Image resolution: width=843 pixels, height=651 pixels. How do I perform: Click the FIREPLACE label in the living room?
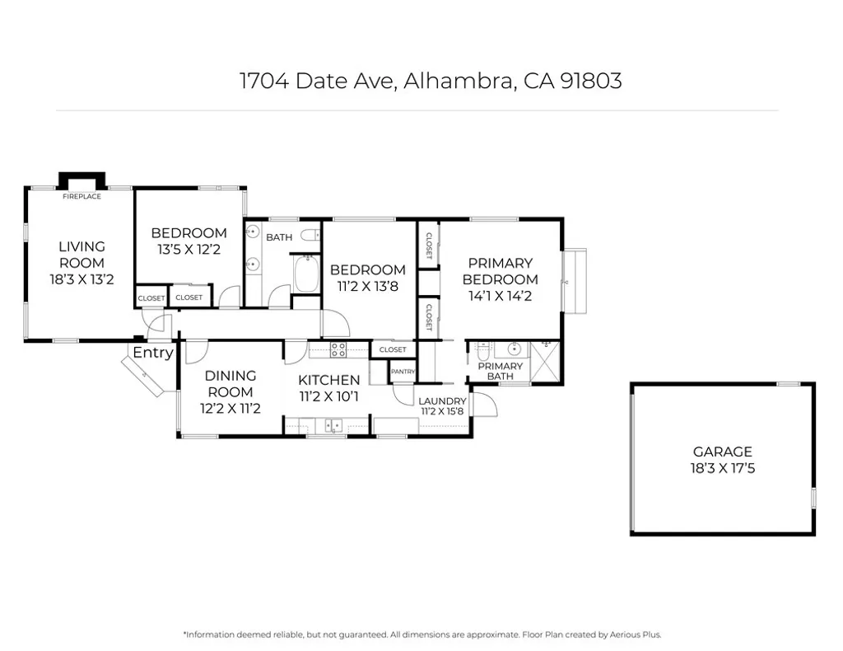click(82, 196)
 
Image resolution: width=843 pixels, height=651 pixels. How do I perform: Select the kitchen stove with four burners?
click(338, 349)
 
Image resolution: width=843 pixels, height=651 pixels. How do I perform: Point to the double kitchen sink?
click(333, 426)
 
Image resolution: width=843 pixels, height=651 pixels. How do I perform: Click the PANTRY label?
click(403, 372)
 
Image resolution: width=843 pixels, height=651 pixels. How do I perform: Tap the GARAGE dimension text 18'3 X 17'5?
click(722, 469)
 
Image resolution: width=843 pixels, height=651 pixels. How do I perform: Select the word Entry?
click(153, 353)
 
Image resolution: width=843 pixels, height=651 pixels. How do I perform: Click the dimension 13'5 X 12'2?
click(189, 249)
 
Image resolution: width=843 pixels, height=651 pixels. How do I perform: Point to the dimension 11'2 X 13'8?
click(367, 286)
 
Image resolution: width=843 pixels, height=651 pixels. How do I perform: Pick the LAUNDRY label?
click(442, 400)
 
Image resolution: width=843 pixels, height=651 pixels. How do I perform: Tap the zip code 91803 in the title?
click(589, 81)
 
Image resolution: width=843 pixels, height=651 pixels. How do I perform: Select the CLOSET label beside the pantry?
click(393, 349)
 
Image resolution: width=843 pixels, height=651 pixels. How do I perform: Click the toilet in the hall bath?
click(310, 236)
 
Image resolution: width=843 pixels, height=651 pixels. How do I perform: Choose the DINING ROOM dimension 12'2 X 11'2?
click(230, 408)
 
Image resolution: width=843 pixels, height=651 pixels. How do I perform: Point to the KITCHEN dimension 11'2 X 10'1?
click(328, 396)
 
